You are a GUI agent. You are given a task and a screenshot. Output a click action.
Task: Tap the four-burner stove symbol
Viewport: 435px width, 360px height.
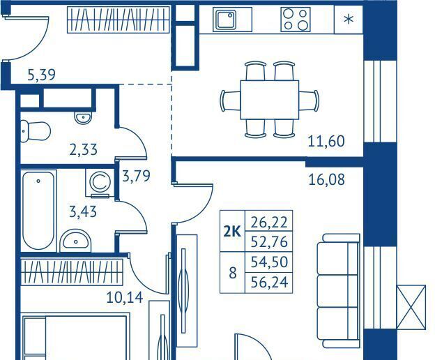(x=295, y=20)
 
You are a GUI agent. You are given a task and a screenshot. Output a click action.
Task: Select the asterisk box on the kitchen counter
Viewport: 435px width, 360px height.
(x=349, y=20)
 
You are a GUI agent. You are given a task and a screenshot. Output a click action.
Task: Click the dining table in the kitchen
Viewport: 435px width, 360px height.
(x=269, y=100)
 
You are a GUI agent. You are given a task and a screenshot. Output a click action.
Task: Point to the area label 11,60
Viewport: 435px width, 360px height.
(x=326, y=141)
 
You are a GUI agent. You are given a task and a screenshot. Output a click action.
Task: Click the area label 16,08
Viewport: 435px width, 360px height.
(x=326, y=179)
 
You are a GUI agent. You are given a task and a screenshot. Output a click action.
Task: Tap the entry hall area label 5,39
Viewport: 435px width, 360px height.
(x=41, y=75)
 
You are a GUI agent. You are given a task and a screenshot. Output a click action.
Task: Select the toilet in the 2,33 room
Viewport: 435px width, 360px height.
(x=36, y=130)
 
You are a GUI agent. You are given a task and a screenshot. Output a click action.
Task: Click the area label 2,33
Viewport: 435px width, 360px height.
(x=83, y=149)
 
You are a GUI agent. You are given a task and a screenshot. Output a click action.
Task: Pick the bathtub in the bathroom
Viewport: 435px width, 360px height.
(x=38, y=211)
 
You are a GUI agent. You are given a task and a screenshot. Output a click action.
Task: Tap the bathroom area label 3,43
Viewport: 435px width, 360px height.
(x=83, y=212)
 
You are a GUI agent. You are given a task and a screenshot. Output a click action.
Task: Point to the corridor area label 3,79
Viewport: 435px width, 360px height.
(x=136, y=176)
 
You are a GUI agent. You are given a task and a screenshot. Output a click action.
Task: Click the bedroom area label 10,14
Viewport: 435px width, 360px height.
(x=125, y=297)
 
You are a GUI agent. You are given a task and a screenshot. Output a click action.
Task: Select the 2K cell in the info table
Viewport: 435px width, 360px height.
(x=232, y=231)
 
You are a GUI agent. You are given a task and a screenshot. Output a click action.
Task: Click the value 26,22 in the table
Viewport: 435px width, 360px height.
(x=269, y=222)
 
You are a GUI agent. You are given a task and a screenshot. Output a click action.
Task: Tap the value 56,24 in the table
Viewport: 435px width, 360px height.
(x=269, y=283)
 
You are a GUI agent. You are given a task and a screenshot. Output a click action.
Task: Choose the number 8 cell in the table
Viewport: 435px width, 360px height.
(x=232, y=273)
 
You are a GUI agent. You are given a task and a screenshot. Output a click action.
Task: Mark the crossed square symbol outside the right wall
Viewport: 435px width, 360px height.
(x=411, y=307)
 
